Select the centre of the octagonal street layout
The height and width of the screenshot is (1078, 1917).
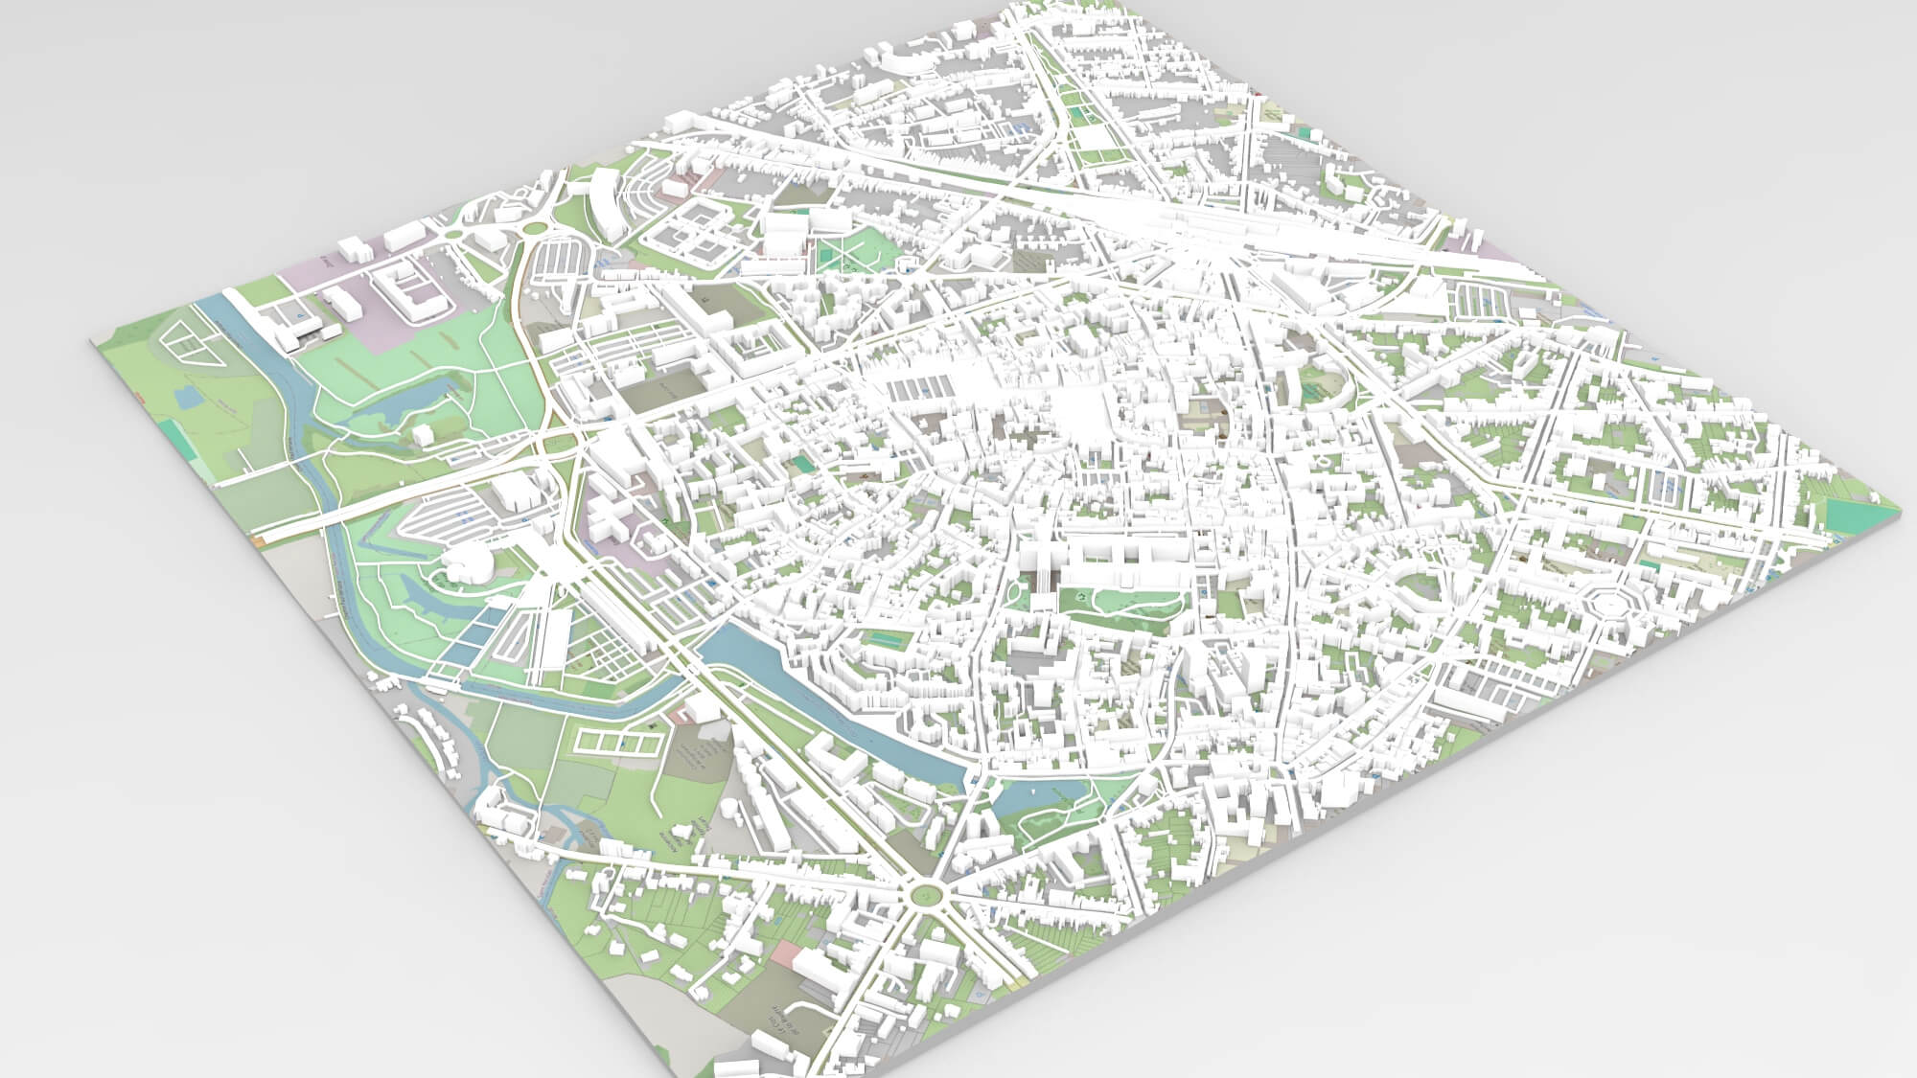(x=1609, y=605)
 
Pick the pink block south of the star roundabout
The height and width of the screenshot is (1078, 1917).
(x=785, y=958)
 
